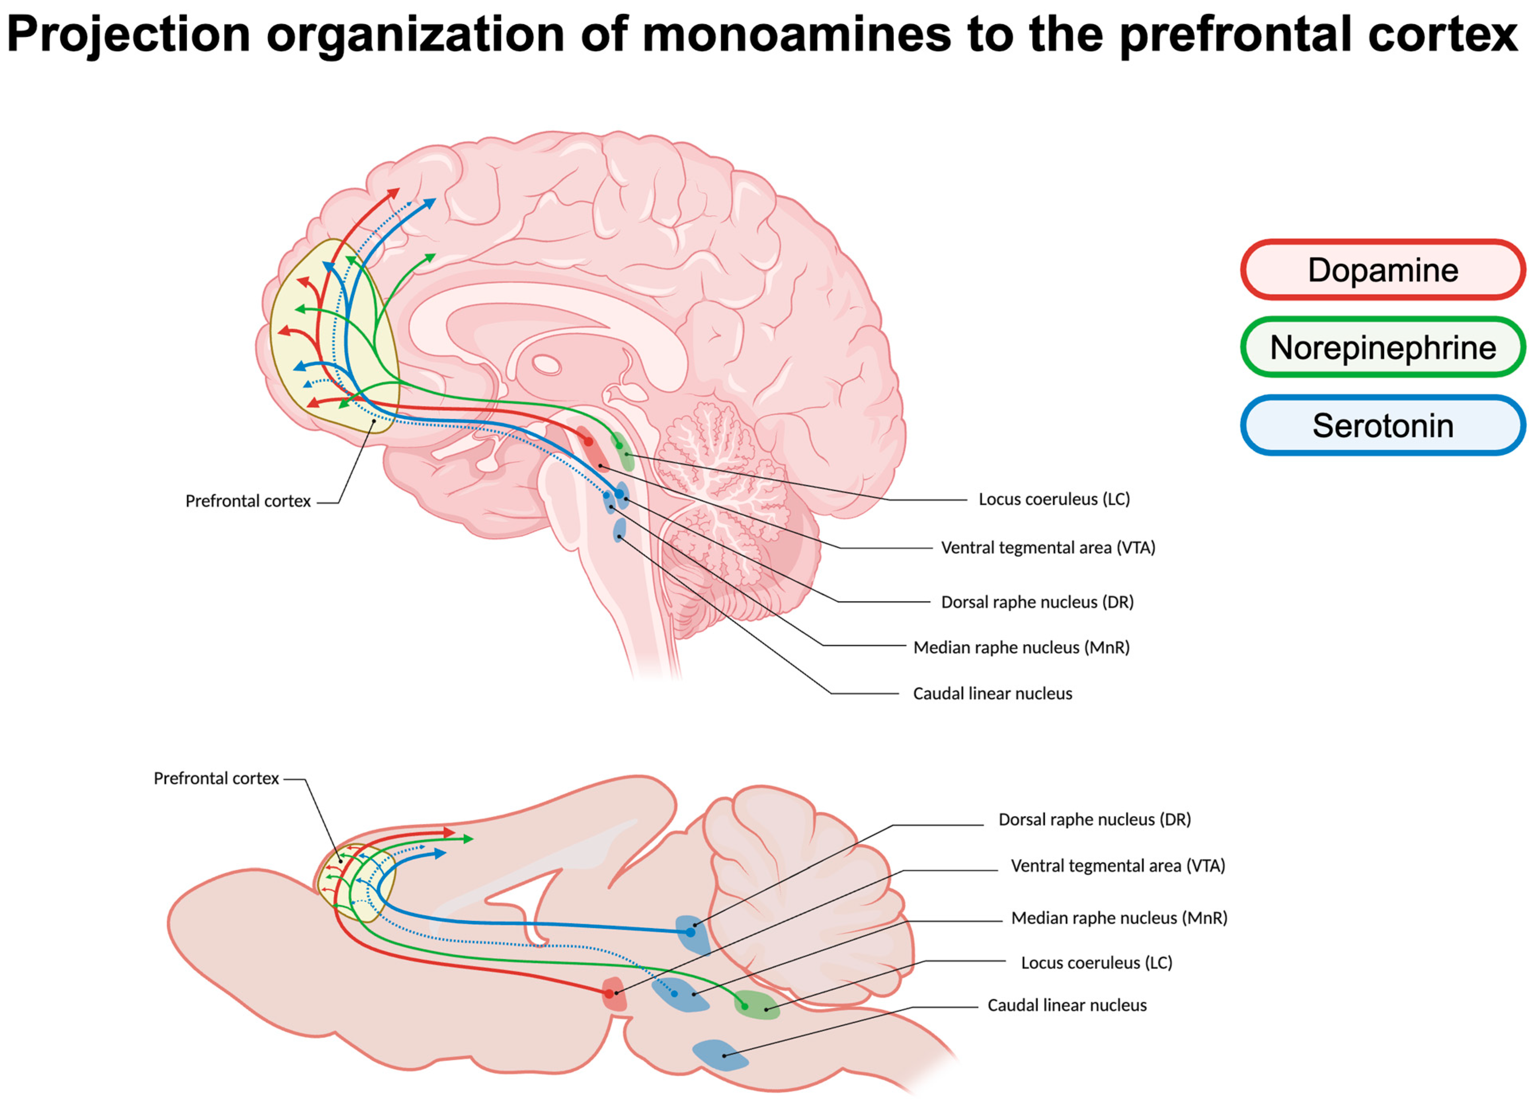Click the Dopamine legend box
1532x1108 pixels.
coord(1382,269)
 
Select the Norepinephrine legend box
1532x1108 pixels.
coord(1382,347)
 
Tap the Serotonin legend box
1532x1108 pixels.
coord(1382,425)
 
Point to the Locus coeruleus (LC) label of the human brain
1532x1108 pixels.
coord(1054,499)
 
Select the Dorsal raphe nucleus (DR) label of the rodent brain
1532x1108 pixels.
coord(1094,819)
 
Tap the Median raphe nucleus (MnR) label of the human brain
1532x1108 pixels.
coord(1021,647)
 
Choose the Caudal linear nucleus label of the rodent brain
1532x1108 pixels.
coord(1067,1005)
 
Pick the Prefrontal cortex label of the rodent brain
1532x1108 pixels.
coord(216,778)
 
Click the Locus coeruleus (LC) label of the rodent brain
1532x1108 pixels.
coord(1096,963)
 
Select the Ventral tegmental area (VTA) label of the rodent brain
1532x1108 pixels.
coord(1117,866)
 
